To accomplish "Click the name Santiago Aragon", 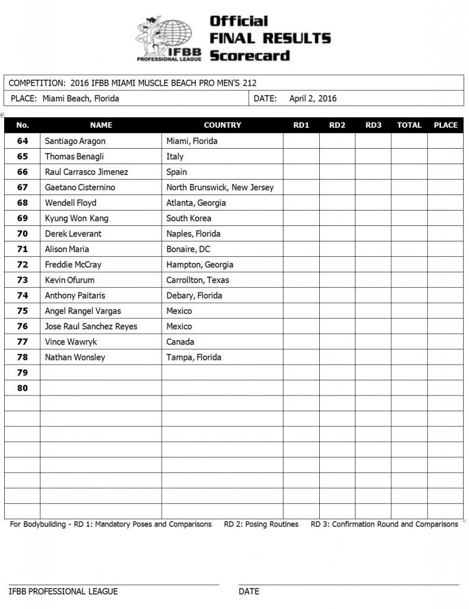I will click(75, 141).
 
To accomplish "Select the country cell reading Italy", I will click(175, 156).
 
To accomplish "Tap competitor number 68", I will click(23, 203).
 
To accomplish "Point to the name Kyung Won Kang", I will click(77, 218).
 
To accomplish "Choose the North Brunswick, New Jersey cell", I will click(220, 187).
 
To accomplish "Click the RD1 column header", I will click(301, 125).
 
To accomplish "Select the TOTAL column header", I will click(409, 125).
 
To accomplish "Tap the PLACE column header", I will click(445, 125).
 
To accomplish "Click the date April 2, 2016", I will click(313, 99).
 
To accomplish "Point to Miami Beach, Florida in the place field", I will click(81, 99).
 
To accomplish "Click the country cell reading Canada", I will click(180, 342).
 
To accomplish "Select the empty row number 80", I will click(23, 388).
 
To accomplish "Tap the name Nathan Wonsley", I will click(75, 357).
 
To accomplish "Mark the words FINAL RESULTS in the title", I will click(270, 39).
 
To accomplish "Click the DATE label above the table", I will click(265, 99).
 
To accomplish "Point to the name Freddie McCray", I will click(74, 265).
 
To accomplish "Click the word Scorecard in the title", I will click(249, 55).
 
